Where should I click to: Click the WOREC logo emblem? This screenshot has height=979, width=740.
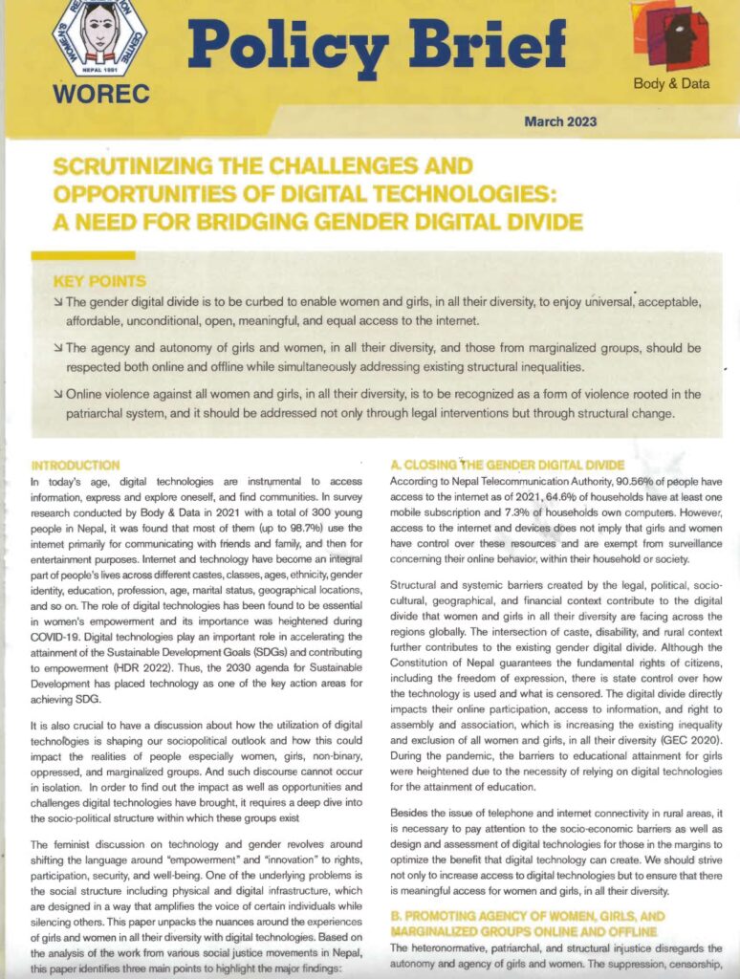click(x=99, y=36)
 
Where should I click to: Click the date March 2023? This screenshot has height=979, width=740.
click(x=560, y=121)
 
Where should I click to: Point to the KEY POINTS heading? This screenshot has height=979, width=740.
click(x=100, y=281)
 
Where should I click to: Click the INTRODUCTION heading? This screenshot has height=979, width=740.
click(x=76, y=466)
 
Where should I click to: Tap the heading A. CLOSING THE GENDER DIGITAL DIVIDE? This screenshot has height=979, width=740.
click(x=507, y=466)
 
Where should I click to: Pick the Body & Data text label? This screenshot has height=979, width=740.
click(x=671, y=84)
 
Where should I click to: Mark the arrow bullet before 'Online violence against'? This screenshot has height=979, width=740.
click(x=58, y=394)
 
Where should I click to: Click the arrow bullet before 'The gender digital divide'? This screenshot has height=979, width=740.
click(x=58, y=303)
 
